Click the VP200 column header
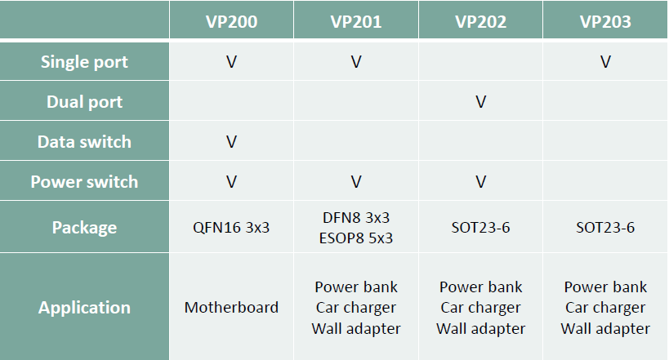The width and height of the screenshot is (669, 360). [231, 22]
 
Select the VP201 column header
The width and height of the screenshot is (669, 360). [356, 22]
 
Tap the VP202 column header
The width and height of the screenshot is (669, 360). [480, 22]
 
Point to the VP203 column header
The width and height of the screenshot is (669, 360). [605, 22]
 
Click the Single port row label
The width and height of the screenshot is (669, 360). [84, 62]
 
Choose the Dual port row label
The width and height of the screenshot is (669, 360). [84, 102]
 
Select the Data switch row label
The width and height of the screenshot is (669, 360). [84, 141]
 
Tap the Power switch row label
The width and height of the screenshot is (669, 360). [84, 182]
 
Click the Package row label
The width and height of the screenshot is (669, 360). [84, 227]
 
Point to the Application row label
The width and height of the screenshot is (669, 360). [84, 308]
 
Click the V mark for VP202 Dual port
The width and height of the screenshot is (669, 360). [480, 102]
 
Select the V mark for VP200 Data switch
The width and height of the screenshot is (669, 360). [231, 141]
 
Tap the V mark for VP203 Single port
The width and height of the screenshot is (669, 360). [605, 62]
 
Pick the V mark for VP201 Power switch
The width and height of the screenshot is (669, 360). [356, 182]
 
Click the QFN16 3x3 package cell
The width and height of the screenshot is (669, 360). [231, 227]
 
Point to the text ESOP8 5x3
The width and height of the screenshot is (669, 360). [356, 238]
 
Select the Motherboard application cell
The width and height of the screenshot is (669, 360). [231, 307]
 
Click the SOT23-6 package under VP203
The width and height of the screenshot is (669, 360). [605, 227]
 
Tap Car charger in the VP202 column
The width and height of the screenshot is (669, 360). [480, 308]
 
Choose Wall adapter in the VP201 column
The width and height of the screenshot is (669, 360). [356, 328]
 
